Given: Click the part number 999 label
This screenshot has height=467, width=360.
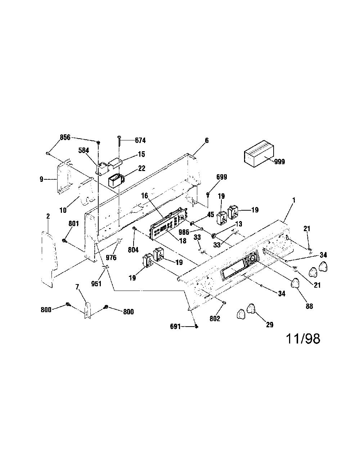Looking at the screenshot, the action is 279,162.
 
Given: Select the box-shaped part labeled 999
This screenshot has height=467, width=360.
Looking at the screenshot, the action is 259,154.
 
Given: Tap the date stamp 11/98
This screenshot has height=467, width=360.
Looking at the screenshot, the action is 303,339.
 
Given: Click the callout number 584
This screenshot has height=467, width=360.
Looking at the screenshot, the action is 83,151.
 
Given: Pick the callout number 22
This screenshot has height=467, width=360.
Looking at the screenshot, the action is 141,168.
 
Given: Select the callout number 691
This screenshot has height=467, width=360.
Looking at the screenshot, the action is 175,327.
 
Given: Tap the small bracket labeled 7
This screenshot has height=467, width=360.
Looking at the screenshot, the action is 88,310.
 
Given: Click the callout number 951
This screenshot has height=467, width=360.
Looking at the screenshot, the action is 96,284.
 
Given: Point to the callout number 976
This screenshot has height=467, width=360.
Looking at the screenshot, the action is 111,257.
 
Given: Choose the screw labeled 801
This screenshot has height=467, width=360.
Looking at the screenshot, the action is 64,241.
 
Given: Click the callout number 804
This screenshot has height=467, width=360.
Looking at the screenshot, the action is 133,250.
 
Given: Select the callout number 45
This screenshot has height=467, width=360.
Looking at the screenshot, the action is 211,215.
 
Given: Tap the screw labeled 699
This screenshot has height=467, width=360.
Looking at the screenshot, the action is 208,195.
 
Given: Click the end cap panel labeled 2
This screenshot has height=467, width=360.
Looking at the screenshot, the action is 49,259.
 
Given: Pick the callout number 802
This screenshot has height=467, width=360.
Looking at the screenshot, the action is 215,319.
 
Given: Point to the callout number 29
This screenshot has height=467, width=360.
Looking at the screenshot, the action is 270,324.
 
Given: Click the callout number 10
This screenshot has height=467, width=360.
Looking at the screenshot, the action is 63,210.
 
